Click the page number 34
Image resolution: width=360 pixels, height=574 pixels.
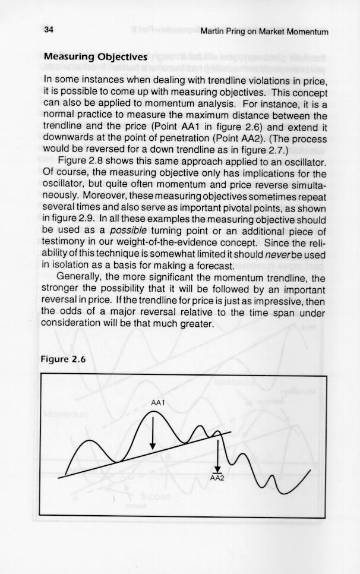[49, 30]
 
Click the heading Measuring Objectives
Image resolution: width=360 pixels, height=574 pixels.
[95, 56]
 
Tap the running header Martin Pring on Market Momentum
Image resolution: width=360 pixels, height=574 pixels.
[264, 31]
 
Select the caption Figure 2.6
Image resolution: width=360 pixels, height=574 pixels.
[64, 359]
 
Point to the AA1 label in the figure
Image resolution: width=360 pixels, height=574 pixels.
[157, 403]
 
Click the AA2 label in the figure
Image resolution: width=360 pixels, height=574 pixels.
[217, 478]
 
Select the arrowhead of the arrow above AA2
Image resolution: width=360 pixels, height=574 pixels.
[218, 469]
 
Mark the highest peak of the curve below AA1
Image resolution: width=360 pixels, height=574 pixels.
[151, 412]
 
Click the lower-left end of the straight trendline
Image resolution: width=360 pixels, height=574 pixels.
[59, 478]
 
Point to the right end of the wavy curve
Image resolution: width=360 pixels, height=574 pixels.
[310, 470]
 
